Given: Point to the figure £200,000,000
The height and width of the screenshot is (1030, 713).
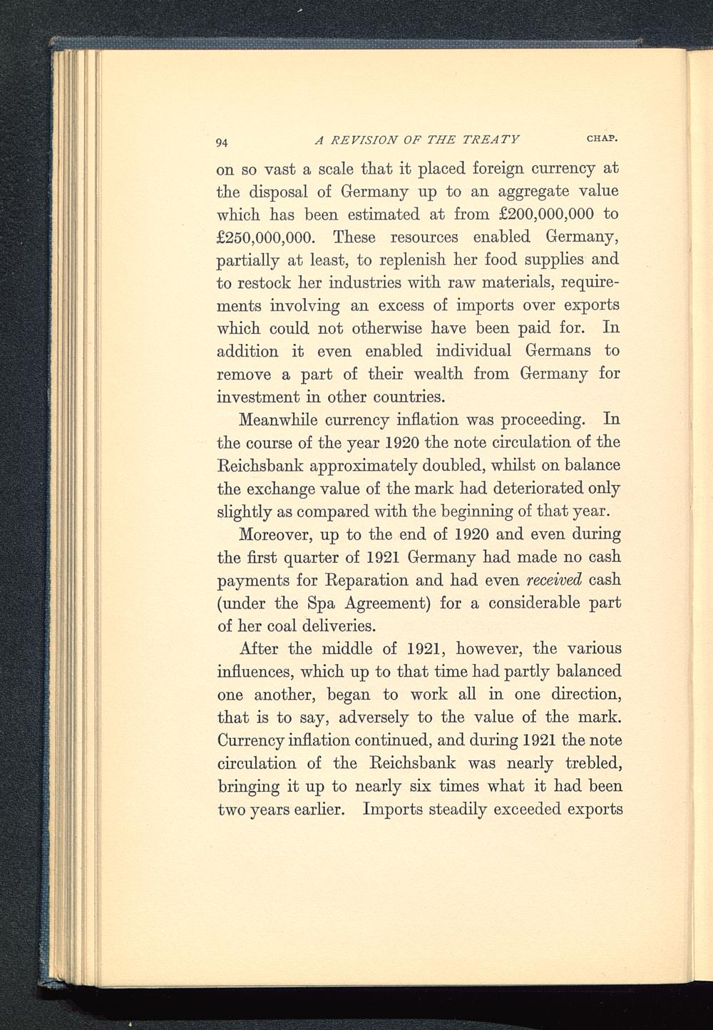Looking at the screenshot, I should (x=536, y=213).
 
